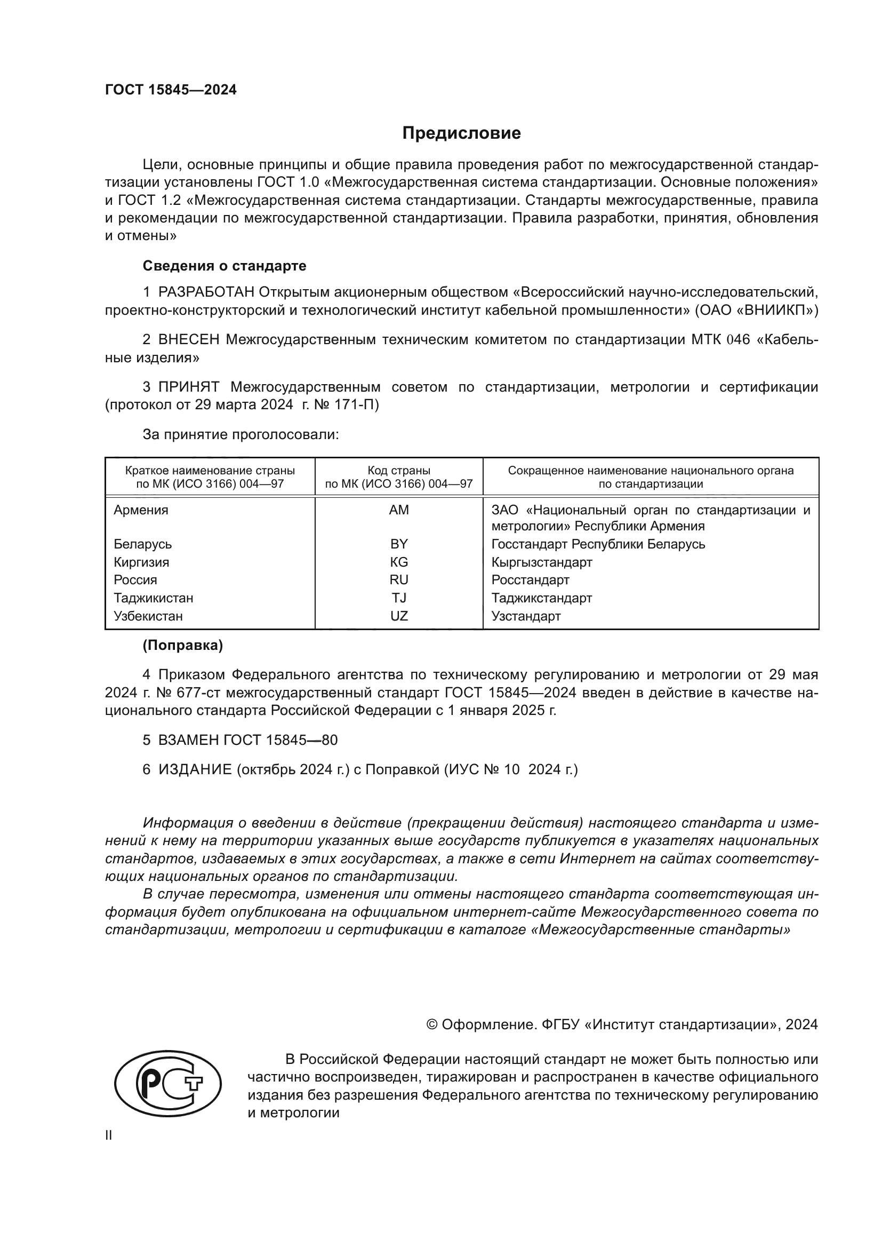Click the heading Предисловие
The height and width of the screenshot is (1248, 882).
click(461, 133)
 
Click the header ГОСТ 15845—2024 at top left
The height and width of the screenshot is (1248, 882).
click(171, 90)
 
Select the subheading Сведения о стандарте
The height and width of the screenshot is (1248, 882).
click(224, 266)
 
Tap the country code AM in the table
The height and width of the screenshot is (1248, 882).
click(399, 510)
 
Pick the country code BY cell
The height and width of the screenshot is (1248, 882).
click(399, 544)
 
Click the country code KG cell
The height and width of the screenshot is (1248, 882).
click(399, 562)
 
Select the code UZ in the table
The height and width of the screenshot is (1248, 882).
click(399, 616)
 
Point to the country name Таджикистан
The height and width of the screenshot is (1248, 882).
click(153, 598)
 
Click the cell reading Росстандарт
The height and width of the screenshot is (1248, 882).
click(530, 580)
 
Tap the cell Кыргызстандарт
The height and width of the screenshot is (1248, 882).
click(541, 562)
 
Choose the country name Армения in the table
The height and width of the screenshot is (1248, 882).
click(141, 510)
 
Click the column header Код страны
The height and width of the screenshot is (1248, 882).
click(399, 471)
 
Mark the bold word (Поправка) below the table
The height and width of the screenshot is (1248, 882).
click(182, 645)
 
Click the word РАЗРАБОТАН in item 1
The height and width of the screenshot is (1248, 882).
click(206, 292)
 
